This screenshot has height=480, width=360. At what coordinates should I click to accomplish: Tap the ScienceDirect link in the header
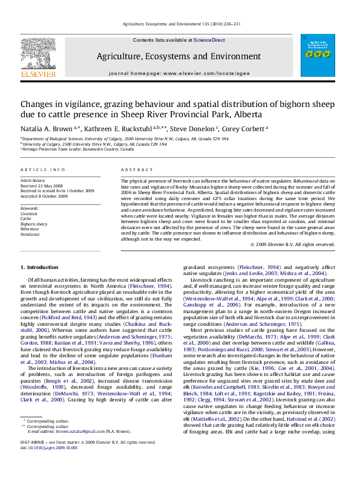[x=209, y=39]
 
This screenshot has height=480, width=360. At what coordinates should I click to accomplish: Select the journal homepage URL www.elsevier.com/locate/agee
[x=209, y=73]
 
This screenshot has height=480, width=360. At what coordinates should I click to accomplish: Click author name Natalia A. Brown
[x=46, y=128]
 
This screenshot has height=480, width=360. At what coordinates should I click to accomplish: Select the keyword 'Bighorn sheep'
[x=34, y=224]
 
